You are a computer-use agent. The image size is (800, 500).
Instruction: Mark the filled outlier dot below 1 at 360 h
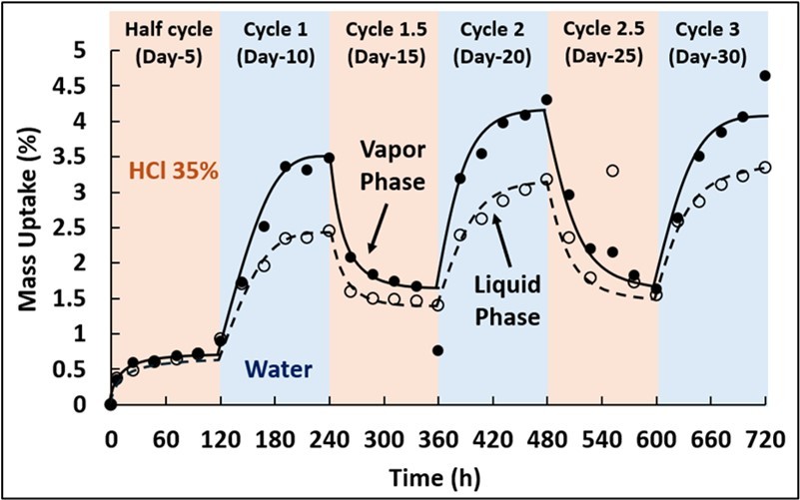click(438, 350)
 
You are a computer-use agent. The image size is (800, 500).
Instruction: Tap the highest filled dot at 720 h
click(765, 76)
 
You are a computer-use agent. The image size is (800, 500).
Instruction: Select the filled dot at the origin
click(111, 404)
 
